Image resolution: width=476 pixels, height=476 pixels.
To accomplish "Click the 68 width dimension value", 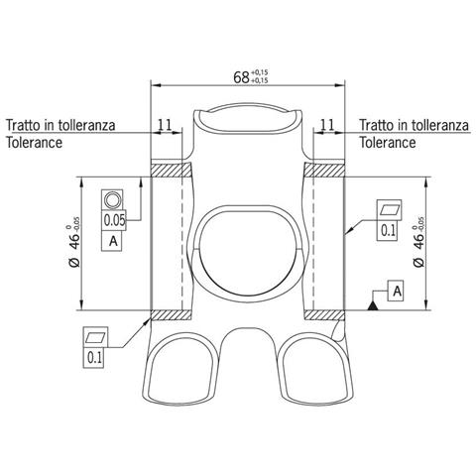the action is click(x=241, y=77).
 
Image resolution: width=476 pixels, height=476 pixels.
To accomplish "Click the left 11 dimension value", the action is click(x=165, y=125).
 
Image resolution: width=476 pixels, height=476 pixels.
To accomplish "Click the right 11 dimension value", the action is click(x=327, y=125).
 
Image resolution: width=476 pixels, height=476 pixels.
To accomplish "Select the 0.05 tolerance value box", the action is click(x=114, y=220).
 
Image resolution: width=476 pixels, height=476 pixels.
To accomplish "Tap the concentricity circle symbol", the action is click(x=112, y=200).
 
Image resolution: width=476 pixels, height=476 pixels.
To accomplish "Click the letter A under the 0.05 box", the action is click(x=113, y=241).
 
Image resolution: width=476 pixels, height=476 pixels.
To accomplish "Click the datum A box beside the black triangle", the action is click(x=397, y=292).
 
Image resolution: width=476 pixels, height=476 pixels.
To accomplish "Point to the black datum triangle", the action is click(x=373, y=306).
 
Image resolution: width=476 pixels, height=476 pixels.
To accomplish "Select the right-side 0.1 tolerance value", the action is click(x=388, y=231).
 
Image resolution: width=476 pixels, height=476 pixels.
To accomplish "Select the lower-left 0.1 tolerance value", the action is click(x=94, y=358).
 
